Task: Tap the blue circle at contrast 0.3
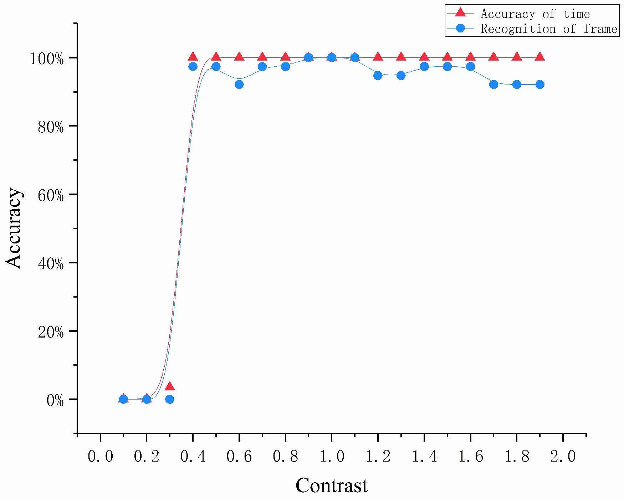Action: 170,399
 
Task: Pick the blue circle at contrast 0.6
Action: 239,84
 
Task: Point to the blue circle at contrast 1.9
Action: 540,84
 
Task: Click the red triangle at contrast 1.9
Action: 540,57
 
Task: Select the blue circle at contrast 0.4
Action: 193,67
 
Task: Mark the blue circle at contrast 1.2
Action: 378,76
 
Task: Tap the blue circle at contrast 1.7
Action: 493,84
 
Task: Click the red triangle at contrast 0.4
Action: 193,57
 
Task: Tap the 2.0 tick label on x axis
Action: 563,457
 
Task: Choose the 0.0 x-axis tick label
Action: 101,457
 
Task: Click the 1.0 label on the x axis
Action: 332,457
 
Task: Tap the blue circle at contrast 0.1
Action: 123,399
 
